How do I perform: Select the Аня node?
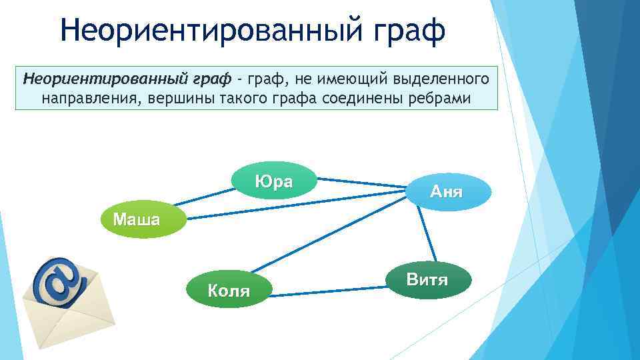pos(447,192)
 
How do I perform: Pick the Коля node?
pos(229,290)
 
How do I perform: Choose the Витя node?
pos(427,279)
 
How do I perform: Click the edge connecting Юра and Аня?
pos(361,183)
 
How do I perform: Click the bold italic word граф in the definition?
pos(211,79)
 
